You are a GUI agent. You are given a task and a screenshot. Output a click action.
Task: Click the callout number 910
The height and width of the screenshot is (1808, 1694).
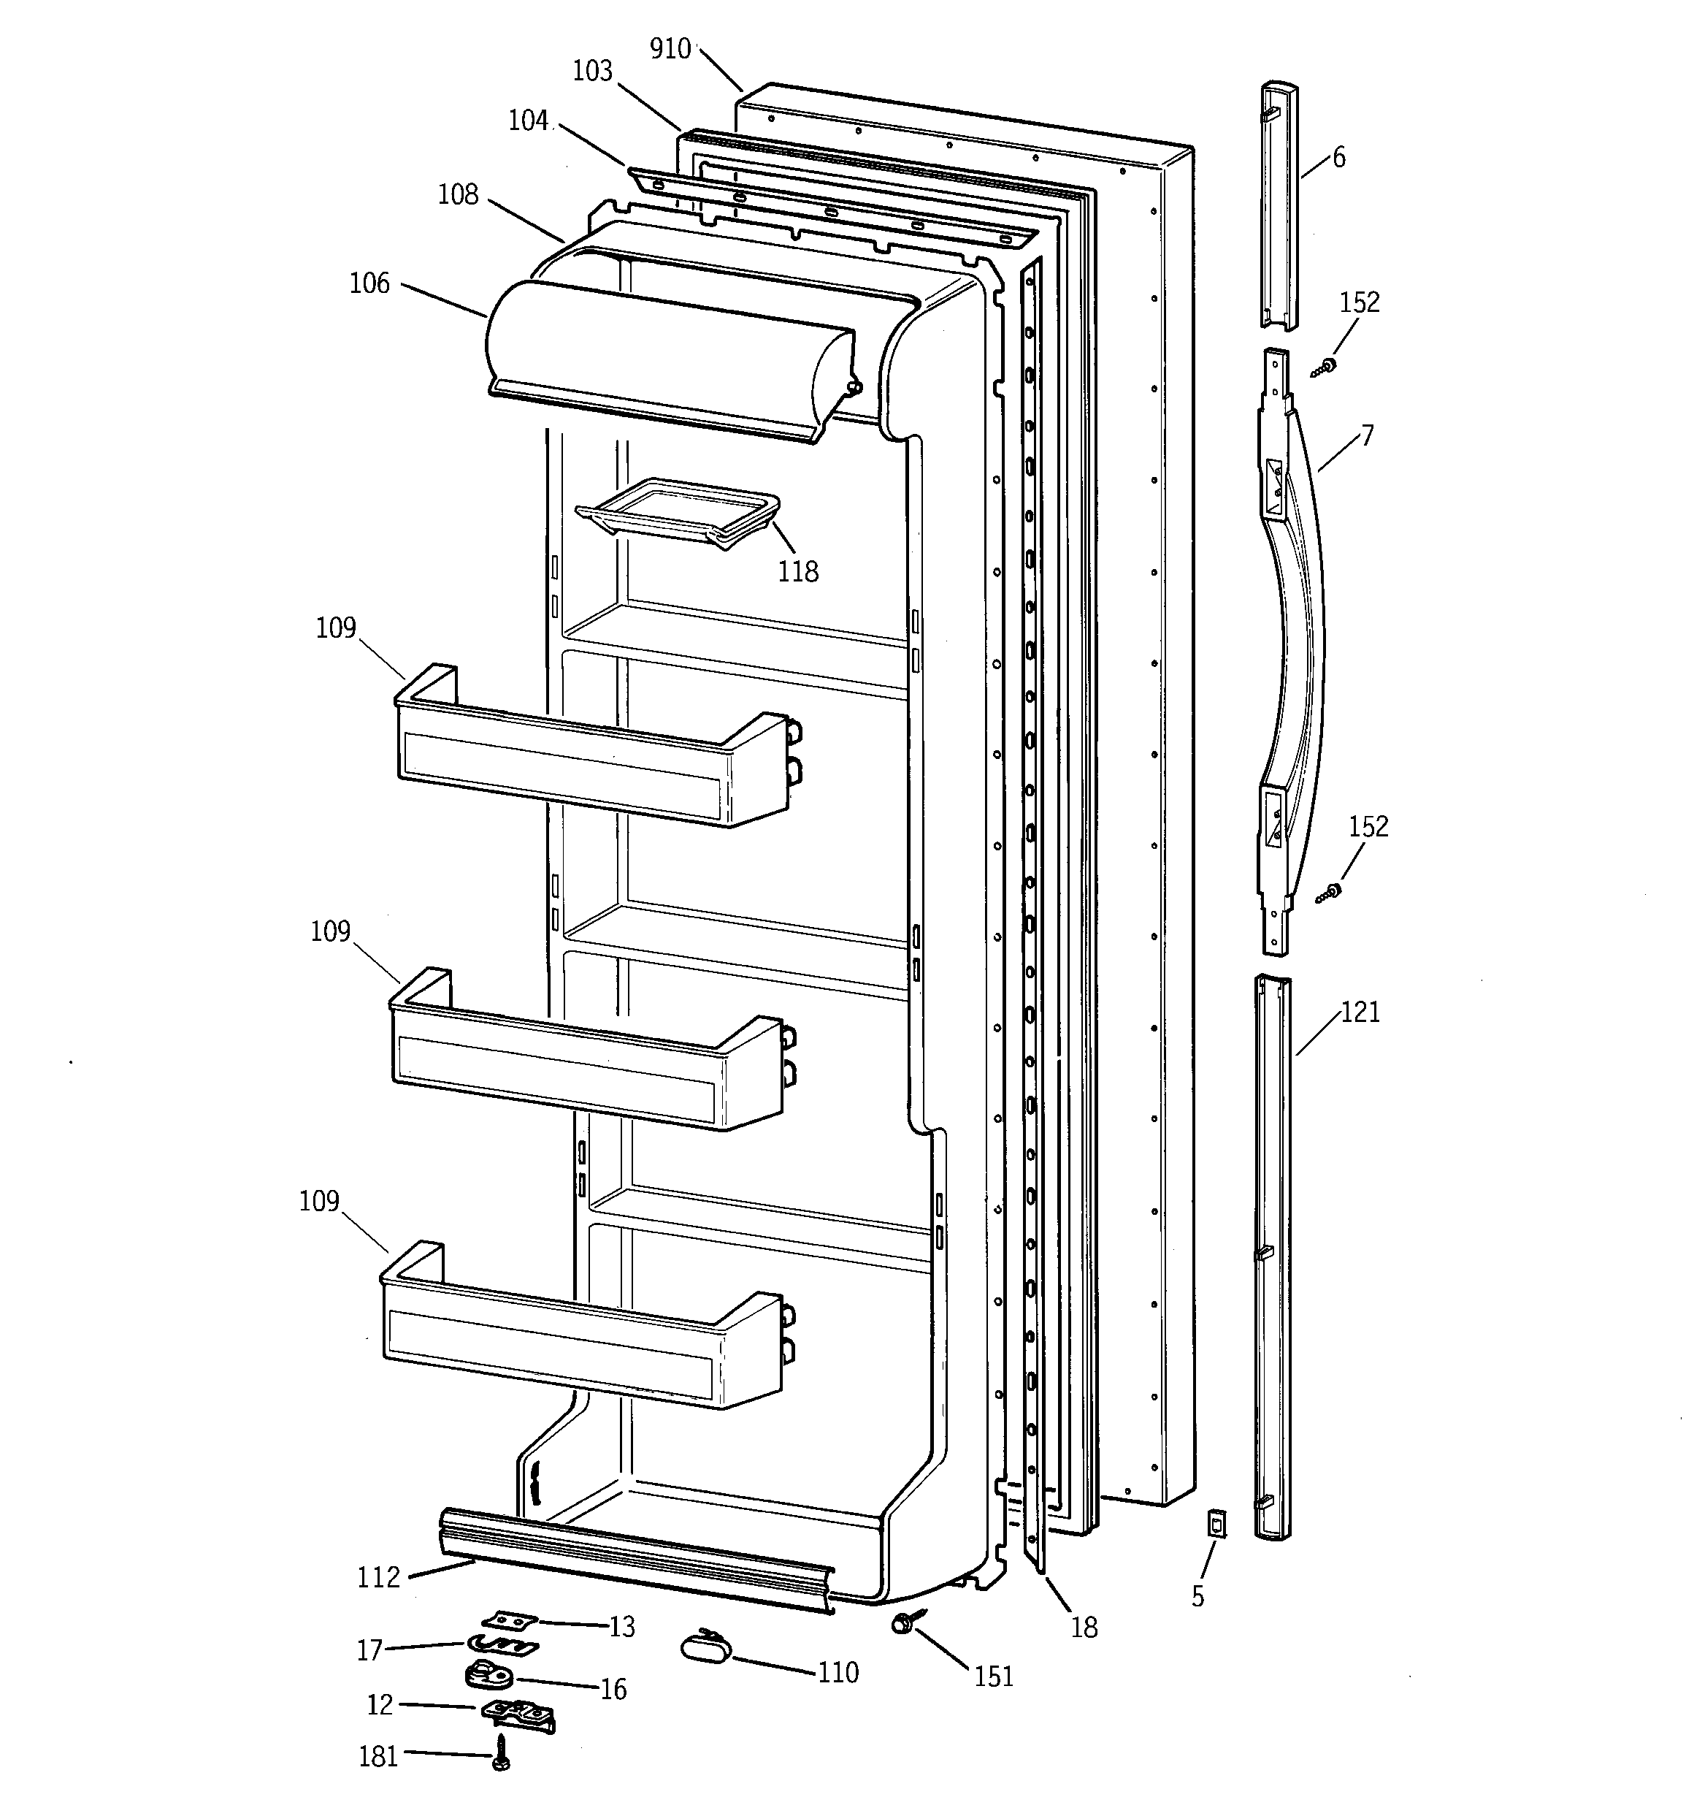pos(670,48)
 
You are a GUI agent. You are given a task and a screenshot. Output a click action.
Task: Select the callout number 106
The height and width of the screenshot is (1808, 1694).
pos(369,283)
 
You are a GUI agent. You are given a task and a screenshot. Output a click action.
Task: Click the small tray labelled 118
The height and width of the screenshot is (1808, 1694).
pos(678,514)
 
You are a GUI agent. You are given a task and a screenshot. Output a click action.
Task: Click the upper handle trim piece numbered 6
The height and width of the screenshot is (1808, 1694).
pos(1279,205)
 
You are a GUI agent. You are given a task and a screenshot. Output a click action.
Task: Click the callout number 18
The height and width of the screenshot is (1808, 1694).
pos(1084,1627)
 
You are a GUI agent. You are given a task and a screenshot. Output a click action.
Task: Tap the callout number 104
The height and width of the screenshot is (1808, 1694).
pos(529,120)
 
